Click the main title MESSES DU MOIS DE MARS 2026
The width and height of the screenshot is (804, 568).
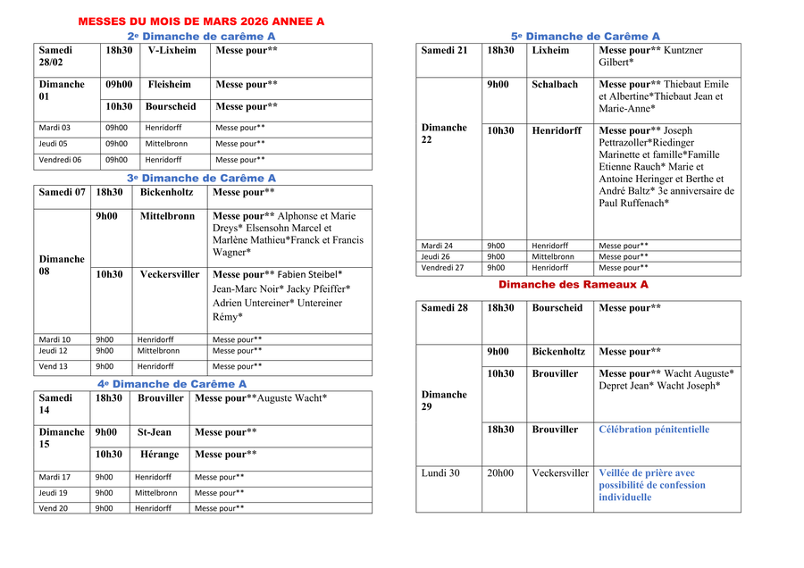tap(201, 21)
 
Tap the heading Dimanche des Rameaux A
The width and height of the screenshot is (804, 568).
tap(573, 285)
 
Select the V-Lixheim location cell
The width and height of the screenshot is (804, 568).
tap(172, 51)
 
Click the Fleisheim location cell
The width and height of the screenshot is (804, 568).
tap(170, 85)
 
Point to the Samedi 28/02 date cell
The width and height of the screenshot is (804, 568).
tap(56, 56)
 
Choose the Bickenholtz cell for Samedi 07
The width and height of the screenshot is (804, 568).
tap(166, 192)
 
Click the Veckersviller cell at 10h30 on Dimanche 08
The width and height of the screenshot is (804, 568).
tap(170, 275)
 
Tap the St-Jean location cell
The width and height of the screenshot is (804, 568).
tap(154, 432)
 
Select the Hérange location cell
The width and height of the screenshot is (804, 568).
tap(160, 455)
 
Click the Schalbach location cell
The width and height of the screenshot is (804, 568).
tap(555, 85)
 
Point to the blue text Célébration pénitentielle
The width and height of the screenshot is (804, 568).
tap(654, 430)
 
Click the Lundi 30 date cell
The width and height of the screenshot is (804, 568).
tap(440, 473)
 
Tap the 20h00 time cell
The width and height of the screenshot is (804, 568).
tap(500, 473)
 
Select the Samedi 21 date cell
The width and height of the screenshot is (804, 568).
tap(444, 51)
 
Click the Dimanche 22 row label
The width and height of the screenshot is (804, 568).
tap(444, 134)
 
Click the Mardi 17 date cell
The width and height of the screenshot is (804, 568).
tap(54, 477)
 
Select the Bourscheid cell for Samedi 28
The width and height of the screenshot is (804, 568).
tap(557, 308)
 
